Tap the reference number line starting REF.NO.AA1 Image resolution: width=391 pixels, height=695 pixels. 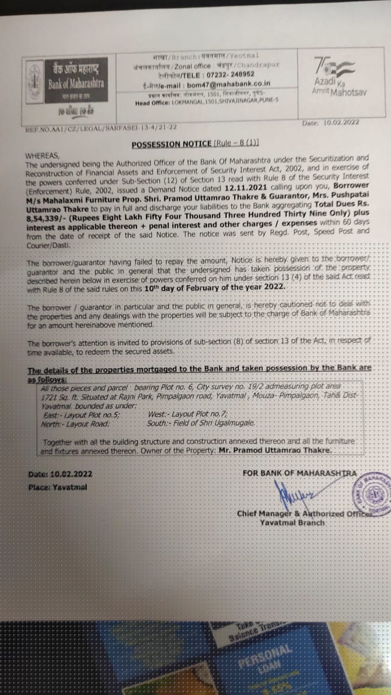click(100, 128)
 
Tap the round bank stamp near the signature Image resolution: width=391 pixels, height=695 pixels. click(372, 494)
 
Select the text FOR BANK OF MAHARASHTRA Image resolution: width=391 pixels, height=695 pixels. click(300, 473)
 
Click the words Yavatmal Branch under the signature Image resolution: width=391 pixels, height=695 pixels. click(292, 522)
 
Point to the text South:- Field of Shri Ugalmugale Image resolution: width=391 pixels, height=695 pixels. click(200, 422)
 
